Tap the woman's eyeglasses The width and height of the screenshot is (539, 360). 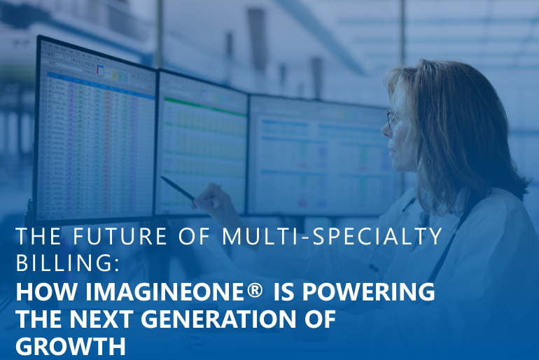click(394, 119)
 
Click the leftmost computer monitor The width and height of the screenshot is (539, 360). click(95, 130)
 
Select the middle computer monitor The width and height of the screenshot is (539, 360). click(202, 144)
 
